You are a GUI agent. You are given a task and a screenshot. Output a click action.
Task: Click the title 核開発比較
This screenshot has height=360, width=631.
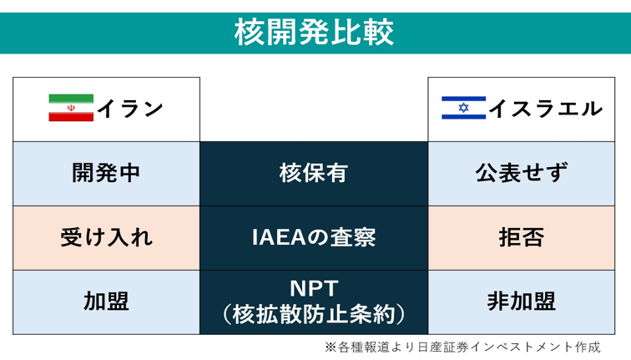(x=314, y=33)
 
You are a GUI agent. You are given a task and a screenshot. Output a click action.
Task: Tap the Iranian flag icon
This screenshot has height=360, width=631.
(x=71, y=108)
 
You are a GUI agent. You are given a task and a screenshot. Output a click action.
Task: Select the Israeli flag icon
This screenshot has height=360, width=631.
(x=463, y=108)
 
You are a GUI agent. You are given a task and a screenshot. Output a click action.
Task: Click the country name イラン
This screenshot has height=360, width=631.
(x=130, y=109)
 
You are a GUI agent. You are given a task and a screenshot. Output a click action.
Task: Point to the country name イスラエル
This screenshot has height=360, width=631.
(x=546, y=109)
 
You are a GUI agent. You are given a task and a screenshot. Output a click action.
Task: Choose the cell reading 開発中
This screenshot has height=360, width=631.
(x=106, y=173)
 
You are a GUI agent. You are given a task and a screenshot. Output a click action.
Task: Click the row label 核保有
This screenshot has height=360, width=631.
(x=314, y=173)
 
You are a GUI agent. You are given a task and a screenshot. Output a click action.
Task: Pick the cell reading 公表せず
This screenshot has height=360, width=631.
(x=522, y=173)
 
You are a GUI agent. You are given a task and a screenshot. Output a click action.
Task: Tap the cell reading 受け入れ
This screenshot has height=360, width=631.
(x=106, y=237)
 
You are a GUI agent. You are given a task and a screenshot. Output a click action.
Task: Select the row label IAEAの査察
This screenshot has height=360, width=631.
(x=314, y=237)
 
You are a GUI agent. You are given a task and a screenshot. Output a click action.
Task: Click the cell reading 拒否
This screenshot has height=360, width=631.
(x=522, y=237)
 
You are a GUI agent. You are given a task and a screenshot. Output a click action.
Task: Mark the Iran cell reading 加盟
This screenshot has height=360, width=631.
(x=106, y=302)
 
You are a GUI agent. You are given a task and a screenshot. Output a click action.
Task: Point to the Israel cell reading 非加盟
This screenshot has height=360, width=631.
(x=522, y=302)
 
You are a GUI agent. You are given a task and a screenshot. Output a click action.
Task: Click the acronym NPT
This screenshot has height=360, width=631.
(x=314, y=288)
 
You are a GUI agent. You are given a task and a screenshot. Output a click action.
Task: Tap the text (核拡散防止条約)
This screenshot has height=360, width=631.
(x=314, y=314)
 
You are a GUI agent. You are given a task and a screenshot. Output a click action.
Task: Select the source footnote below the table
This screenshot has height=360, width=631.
(x=462, y=347)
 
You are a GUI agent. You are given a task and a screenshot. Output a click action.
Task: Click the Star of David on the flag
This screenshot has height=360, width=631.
(x=463, y=108)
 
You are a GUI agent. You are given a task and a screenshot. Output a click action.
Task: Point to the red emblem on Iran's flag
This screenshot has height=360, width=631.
(x=71, y=108)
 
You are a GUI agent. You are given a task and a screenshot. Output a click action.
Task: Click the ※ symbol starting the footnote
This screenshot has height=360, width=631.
(x=331, y=347)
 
